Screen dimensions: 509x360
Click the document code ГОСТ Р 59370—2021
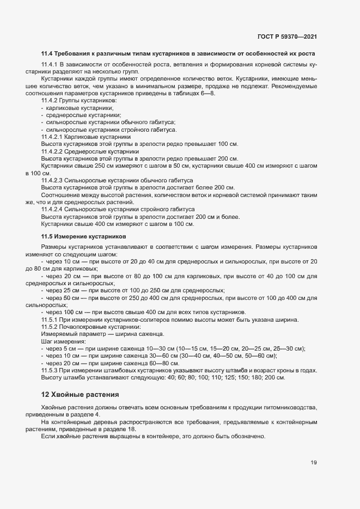click(286, 37)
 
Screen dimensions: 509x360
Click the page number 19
click(314, 463)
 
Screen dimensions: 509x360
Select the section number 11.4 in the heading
click(47, 53)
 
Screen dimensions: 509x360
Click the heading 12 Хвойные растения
click(80, 394)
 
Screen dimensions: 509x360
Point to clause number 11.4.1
click(50, 65)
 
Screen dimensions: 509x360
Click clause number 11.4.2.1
click(53, 137)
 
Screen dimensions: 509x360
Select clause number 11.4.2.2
click(53, 151)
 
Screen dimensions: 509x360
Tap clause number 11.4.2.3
click(53, 180)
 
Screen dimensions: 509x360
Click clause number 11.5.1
click(50, 320)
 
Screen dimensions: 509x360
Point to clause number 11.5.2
click(50, 327)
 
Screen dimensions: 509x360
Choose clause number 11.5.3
click(50, 370)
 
